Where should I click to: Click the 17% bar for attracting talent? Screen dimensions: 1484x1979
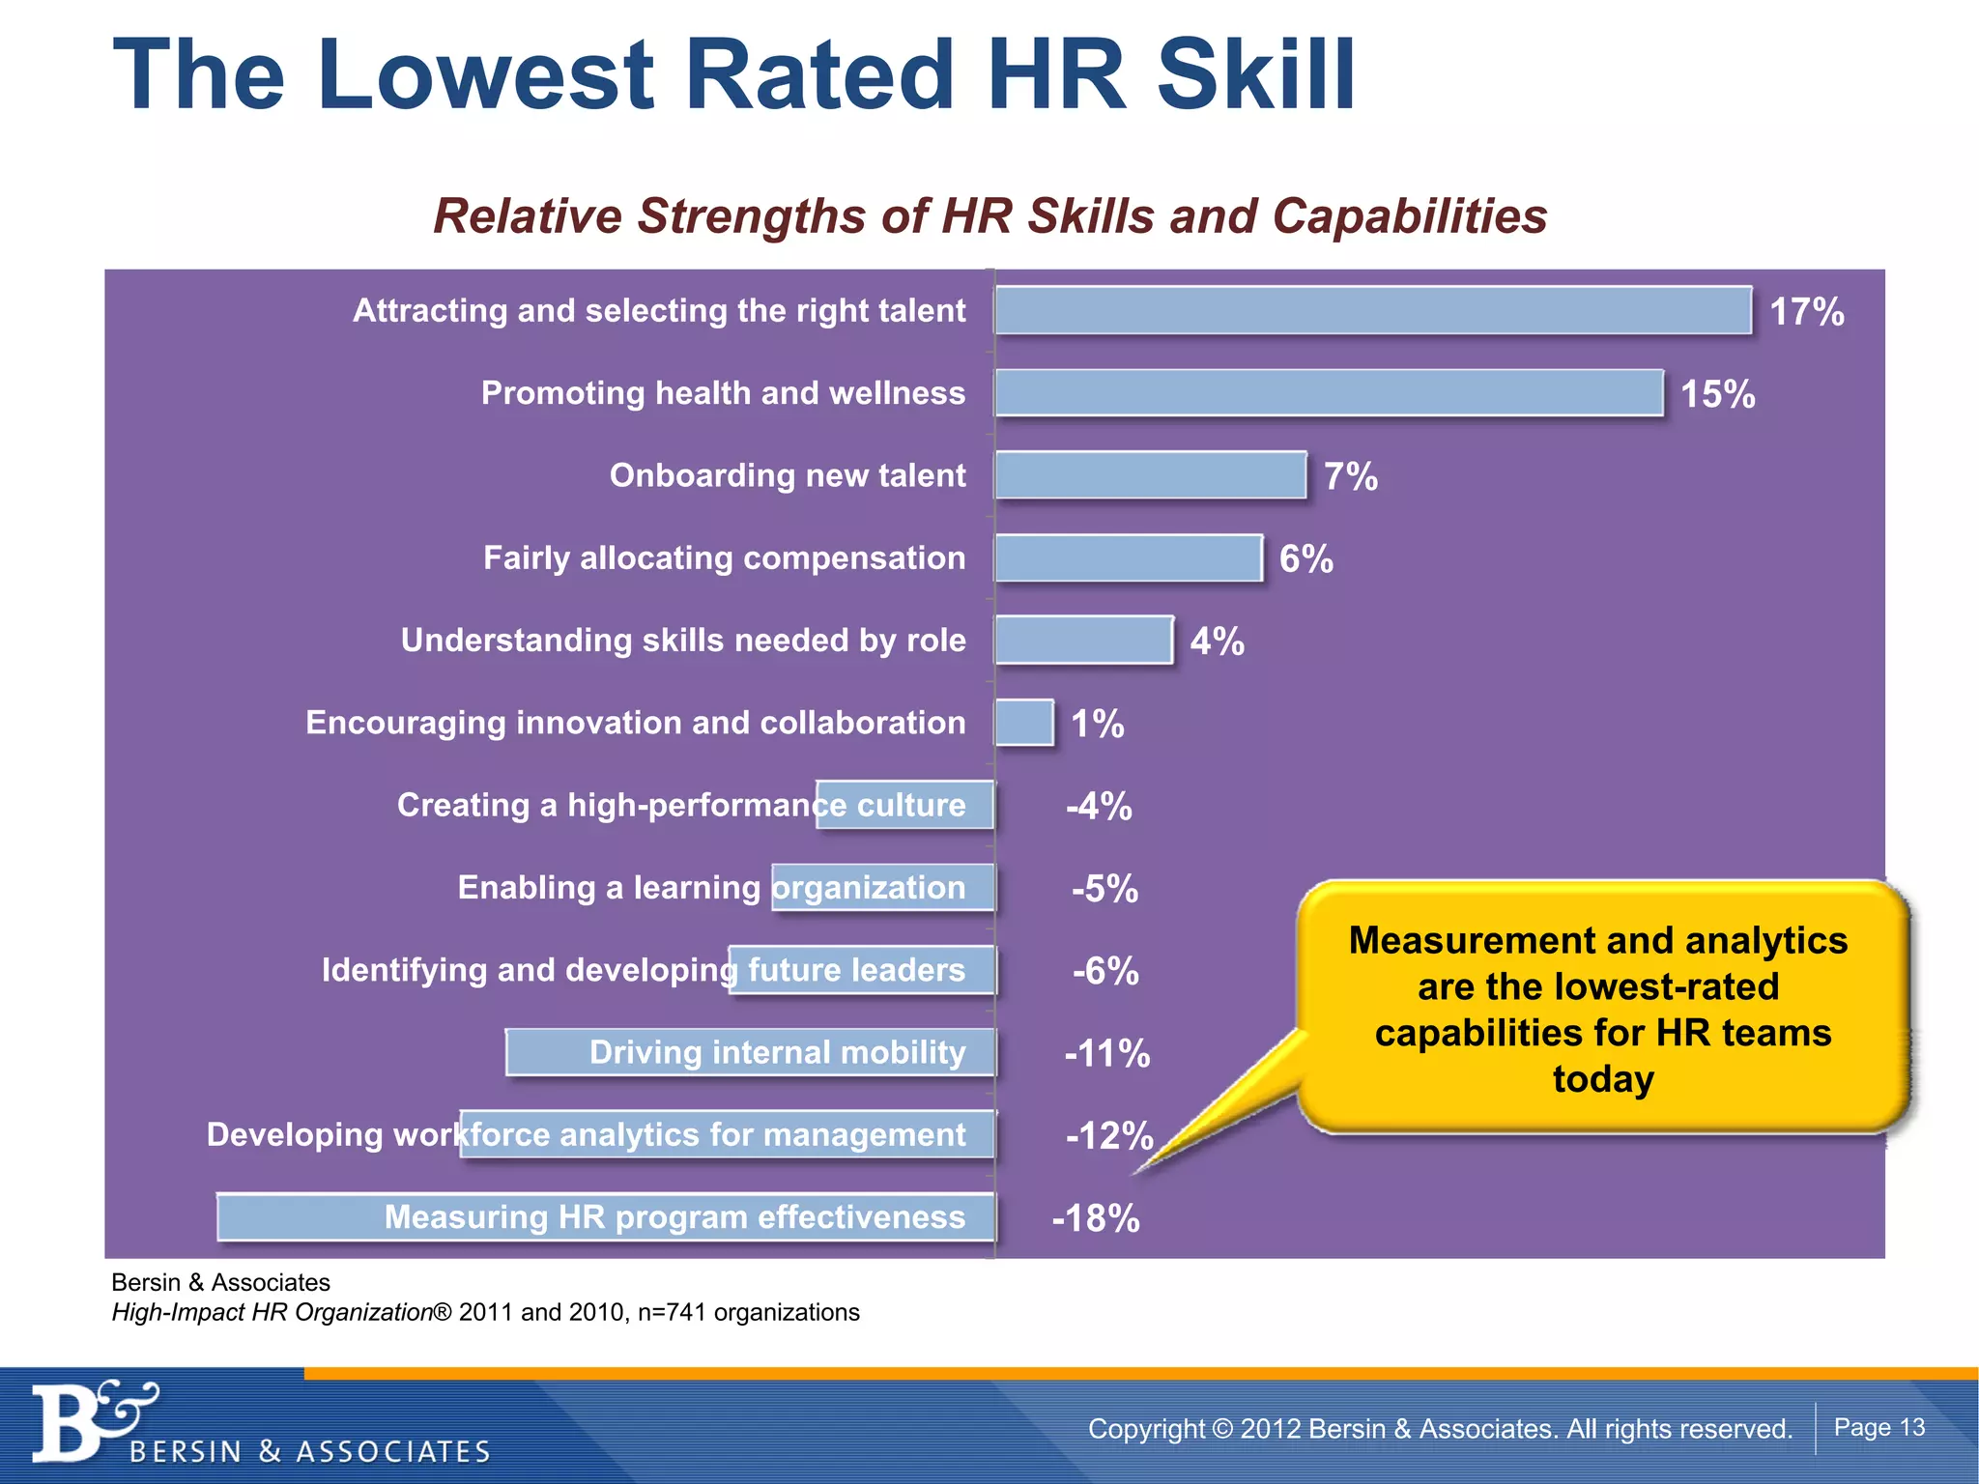pos(1372,311)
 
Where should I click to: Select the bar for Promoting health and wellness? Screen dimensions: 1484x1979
pos(1329,393)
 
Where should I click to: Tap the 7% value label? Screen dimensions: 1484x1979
pos(1350,476)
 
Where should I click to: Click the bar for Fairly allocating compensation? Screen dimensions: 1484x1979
pos(1128,558)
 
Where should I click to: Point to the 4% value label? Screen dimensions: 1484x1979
pos(1217,642)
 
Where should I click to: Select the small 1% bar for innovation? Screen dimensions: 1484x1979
pos(1024,723)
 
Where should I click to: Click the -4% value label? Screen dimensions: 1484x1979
pos(1099,806)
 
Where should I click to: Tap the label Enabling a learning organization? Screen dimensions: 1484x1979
pos(711,888)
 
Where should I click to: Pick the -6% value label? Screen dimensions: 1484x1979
pos(1105,971)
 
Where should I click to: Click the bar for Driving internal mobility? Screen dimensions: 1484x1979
pos(750,1052)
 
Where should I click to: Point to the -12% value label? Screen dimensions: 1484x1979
pos(1108,1135)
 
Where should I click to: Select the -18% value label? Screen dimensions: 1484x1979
pos(1096,1218)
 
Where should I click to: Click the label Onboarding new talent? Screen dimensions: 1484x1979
pos(787,475)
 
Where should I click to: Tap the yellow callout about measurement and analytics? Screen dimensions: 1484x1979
pos(1601,1008)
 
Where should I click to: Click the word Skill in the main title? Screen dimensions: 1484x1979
pos(1256,75)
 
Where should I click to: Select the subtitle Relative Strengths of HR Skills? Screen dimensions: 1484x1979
pos(989,215)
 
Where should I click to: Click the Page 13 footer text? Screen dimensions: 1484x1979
pos(1879,1427)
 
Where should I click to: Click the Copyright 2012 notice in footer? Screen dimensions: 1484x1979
pos(1440,1428)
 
